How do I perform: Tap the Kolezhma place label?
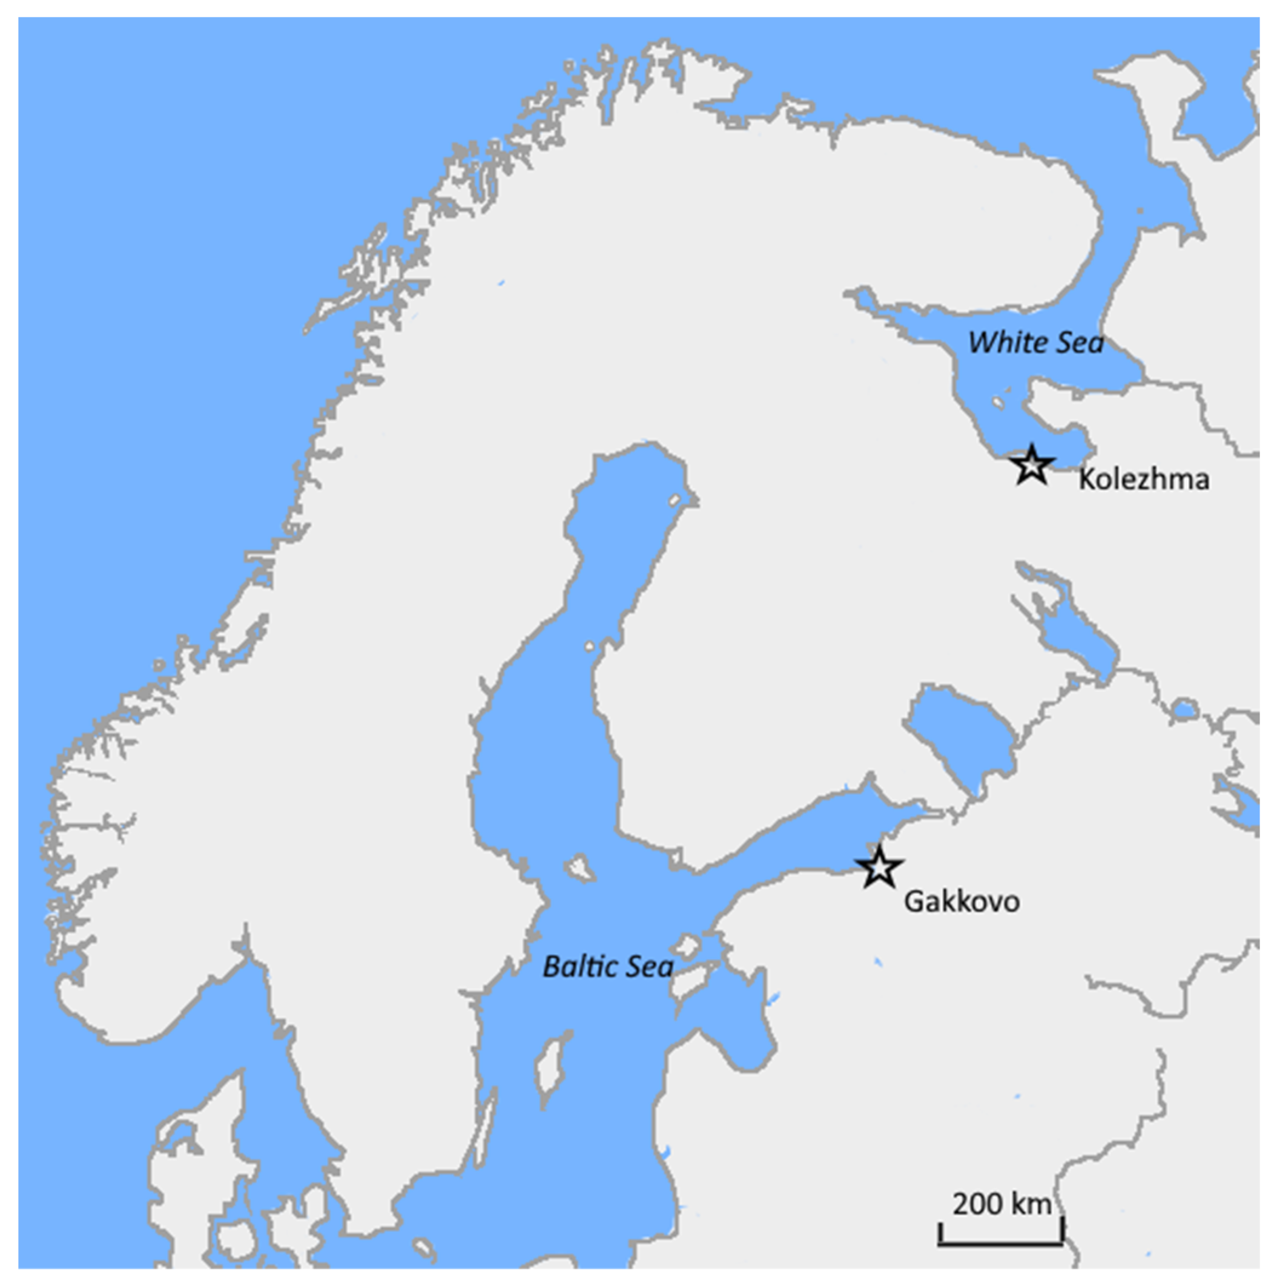click(x=1143, y=479)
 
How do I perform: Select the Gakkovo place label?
click(x=961, y=902)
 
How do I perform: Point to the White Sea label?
click(x=1035, y=343)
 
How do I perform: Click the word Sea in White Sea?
click(x=1080, y=343)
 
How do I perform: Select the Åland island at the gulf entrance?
click(x=579, y=867)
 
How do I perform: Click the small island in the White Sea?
click(x=997, y=403)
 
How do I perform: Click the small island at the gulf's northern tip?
click(x=675, y=499)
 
